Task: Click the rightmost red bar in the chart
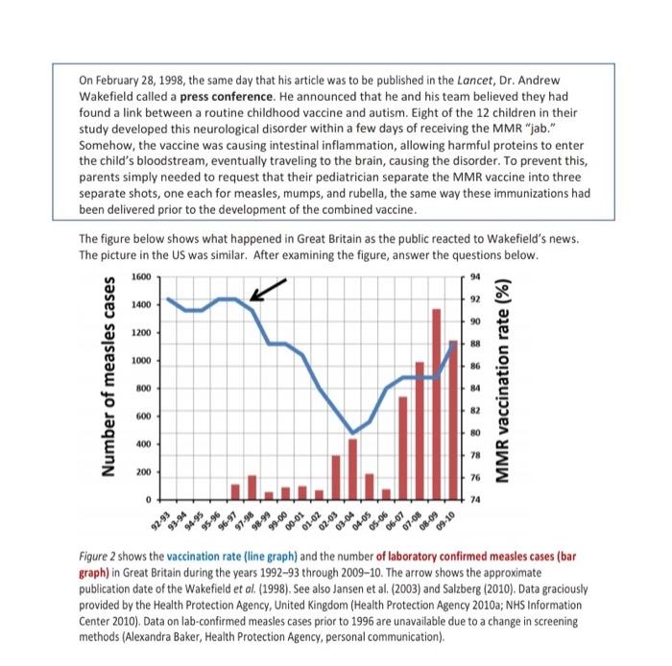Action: pos(453,419)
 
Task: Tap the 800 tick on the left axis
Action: pos(142,389)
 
